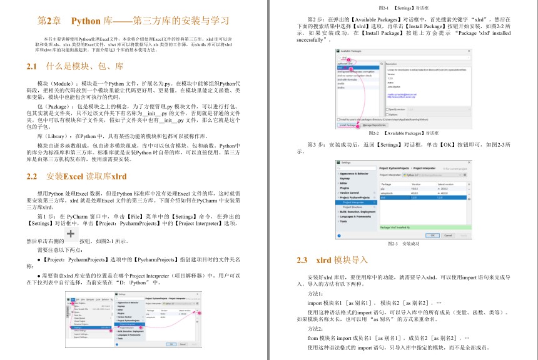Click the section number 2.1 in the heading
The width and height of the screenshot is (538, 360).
pyautogui.click(x=33, y=66)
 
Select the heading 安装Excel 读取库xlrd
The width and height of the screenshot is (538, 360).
pyautogui.click(x=86, y=176)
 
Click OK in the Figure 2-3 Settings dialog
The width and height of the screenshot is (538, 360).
pyautogui.click(x=432, y=235)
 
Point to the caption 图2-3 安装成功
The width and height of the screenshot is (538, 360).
pyautogui.click(x=402, y=243)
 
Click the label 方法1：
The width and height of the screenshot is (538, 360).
pyautogui.click(x=316, y=293)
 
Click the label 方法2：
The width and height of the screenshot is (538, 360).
pyautogui.click(x=316, y=328)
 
